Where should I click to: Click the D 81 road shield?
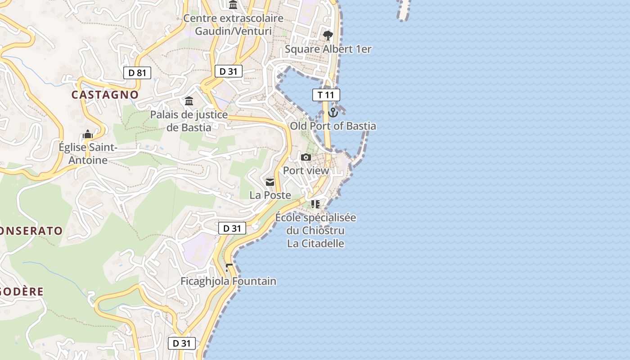click(x=137, y=72)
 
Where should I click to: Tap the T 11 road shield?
click(x=326, y=94)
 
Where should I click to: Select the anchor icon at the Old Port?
click(x=333, y=112)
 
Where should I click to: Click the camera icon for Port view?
click(x=306, y=157)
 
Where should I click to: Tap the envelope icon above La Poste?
click(x=270, y=182)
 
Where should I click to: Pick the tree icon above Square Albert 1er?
click(x=328, y=35)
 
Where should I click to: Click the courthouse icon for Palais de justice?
click(x=189, y=101)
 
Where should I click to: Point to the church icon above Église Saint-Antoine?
click(x=88, y=134)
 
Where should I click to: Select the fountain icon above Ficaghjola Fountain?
click(x=229, y=268)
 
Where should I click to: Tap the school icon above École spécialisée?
click(x=315, y=204)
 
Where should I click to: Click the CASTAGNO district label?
click(x=105, y=94)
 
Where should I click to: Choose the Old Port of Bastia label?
click(x=333, y=126)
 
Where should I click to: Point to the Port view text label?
click(x=306, y=171)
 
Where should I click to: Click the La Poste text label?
click(x=270, y=195)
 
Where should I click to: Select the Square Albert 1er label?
click(x=328, y=49)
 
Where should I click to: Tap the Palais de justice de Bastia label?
click(x=189, y=121)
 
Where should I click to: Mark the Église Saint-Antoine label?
click(x=88, y=153)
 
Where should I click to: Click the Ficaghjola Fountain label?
click(x=229, y=281)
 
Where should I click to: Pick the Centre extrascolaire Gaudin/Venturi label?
click(x=234, y=25)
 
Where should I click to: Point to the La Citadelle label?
click(x=315, y=243)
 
